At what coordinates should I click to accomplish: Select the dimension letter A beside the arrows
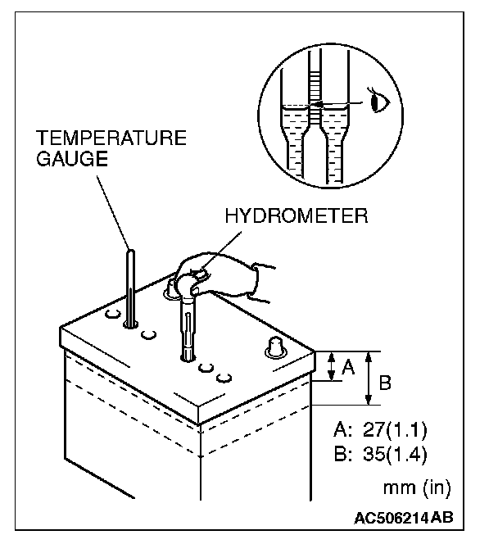point(346,368)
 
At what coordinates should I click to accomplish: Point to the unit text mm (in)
point(416,489)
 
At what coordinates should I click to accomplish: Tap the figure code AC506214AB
point(404,518)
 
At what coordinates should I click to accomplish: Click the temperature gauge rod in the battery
point(130,287)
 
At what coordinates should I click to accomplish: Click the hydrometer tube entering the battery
point(188,332)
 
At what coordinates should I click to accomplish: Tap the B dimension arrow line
point(369,378)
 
